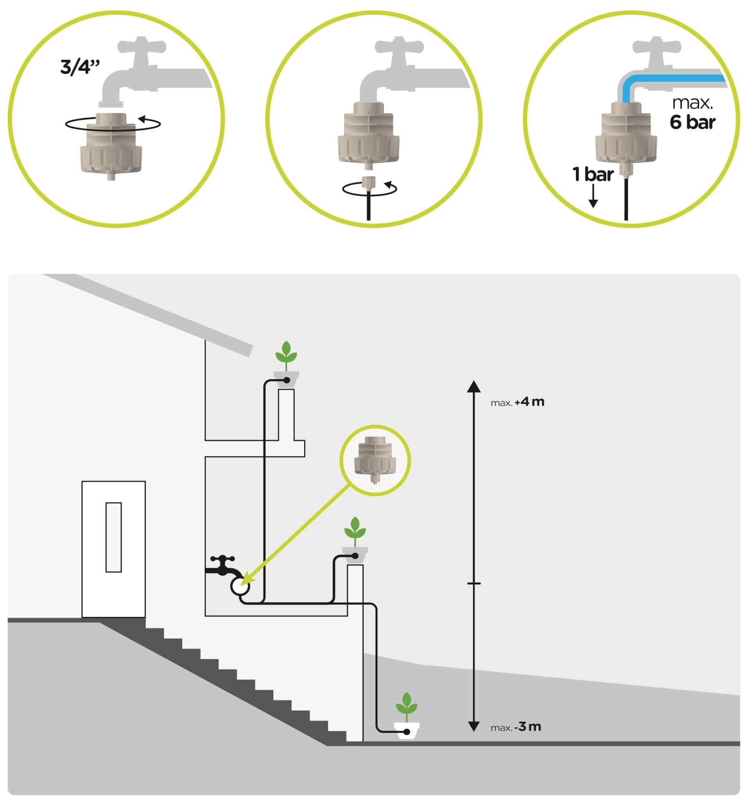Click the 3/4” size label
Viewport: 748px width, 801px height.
[x=80, y=67]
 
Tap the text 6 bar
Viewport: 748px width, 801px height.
[x=692, y=122]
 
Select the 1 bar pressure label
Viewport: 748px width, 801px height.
[x=592, y=174]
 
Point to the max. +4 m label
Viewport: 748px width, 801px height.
[x=517, y=402]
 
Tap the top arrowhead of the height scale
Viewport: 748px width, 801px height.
[x=474, y=386]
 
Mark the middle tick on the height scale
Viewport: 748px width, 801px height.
[x=474, y=583]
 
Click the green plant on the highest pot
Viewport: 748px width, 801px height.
[x=286, y=355]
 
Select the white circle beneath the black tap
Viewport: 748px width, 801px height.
[x=240, y=587]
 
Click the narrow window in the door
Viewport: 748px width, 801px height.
[x=114, y=537]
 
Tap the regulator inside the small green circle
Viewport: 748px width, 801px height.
[x=375, y=459]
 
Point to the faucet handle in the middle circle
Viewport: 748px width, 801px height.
[x=399, y=46]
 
